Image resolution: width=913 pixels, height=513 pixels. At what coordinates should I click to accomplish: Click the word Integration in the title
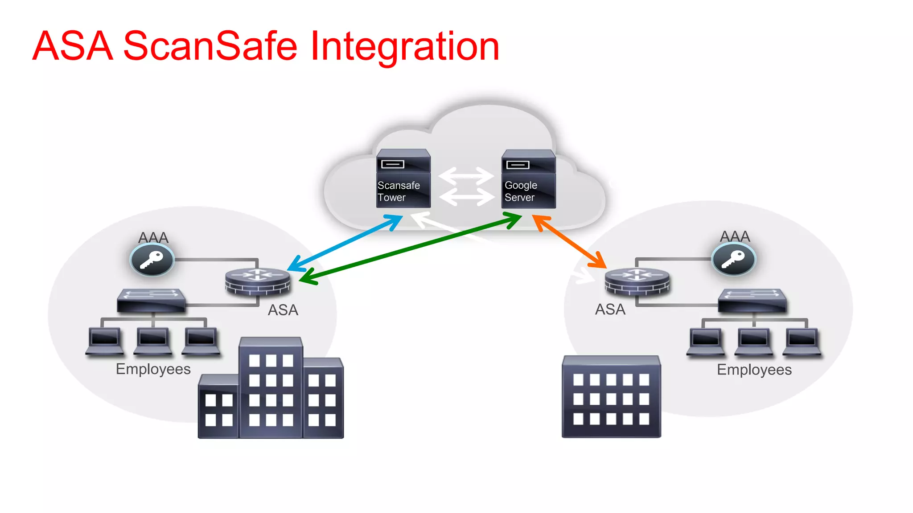point(404,46)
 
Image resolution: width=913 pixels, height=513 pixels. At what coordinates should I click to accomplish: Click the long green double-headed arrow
point(410,248)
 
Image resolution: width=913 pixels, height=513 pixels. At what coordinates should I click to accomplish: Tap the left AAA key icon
point(152,260)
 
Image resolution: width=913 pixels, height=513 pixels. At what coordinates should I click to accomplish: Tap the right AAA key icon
point(733,260)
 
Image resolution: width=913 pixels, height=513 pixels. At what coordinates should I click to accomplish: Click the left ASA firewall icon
point(257,282)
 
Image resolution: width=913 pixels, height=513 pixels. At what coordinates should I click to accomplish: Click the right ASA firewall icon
point(637,281)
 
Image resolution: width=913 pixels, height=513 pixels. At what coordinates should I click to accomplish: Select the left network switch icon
point(151,301)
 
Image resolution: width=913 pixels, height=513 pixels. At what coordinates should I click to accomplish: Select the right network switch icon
point(752,301)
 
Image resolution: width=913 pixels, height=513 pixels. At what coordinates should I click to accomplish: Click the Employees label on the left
point(153,369)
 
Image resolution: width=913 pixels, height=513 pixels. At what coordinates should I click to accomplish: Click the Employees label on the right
point(754,370)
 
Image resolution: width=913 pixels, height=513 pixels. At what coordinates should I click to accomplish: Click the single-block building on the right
point(611,396)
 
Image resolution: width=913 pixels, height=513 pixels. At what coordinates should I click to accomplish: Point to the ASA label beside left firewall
point(283,310)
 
